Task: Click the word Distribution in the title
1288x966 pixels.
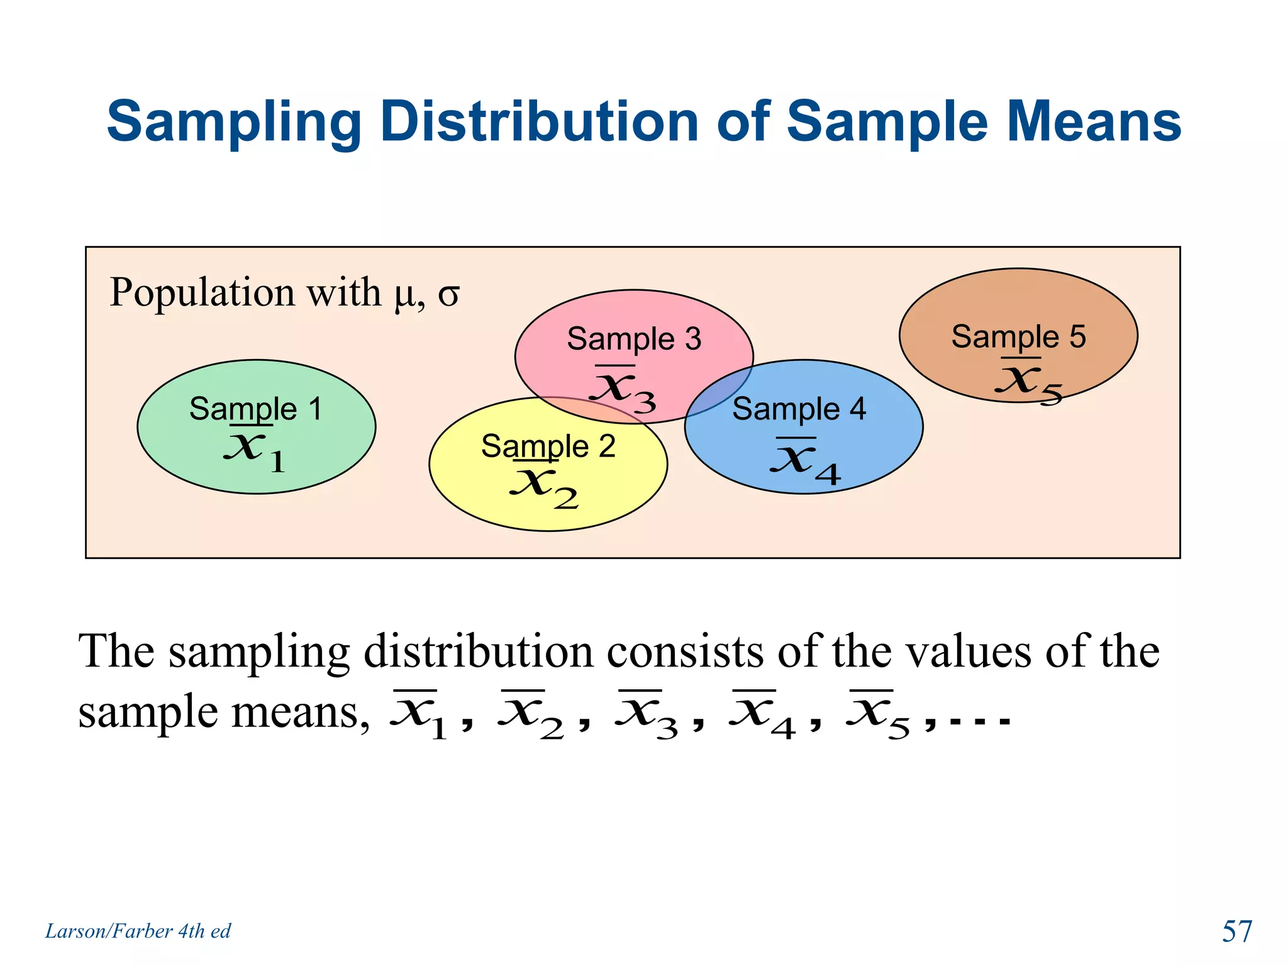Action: [539, 121]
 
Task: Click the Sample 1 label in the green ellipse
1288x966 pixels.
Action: [255, 409]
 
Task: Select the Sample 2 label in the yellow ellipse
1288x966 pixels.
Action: [548, 446]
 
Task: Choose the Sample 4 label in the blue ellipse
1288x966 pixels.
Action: [799, 409]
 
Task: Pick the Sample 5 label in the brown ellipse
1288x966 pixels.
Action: [1018, 336]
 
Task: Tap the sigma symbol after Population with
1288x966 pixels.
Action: [448, 294]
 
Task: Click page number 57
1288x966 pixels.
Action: [1236, 931]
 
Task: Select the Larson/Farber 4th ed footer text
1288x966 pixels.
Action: [138, 931]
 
